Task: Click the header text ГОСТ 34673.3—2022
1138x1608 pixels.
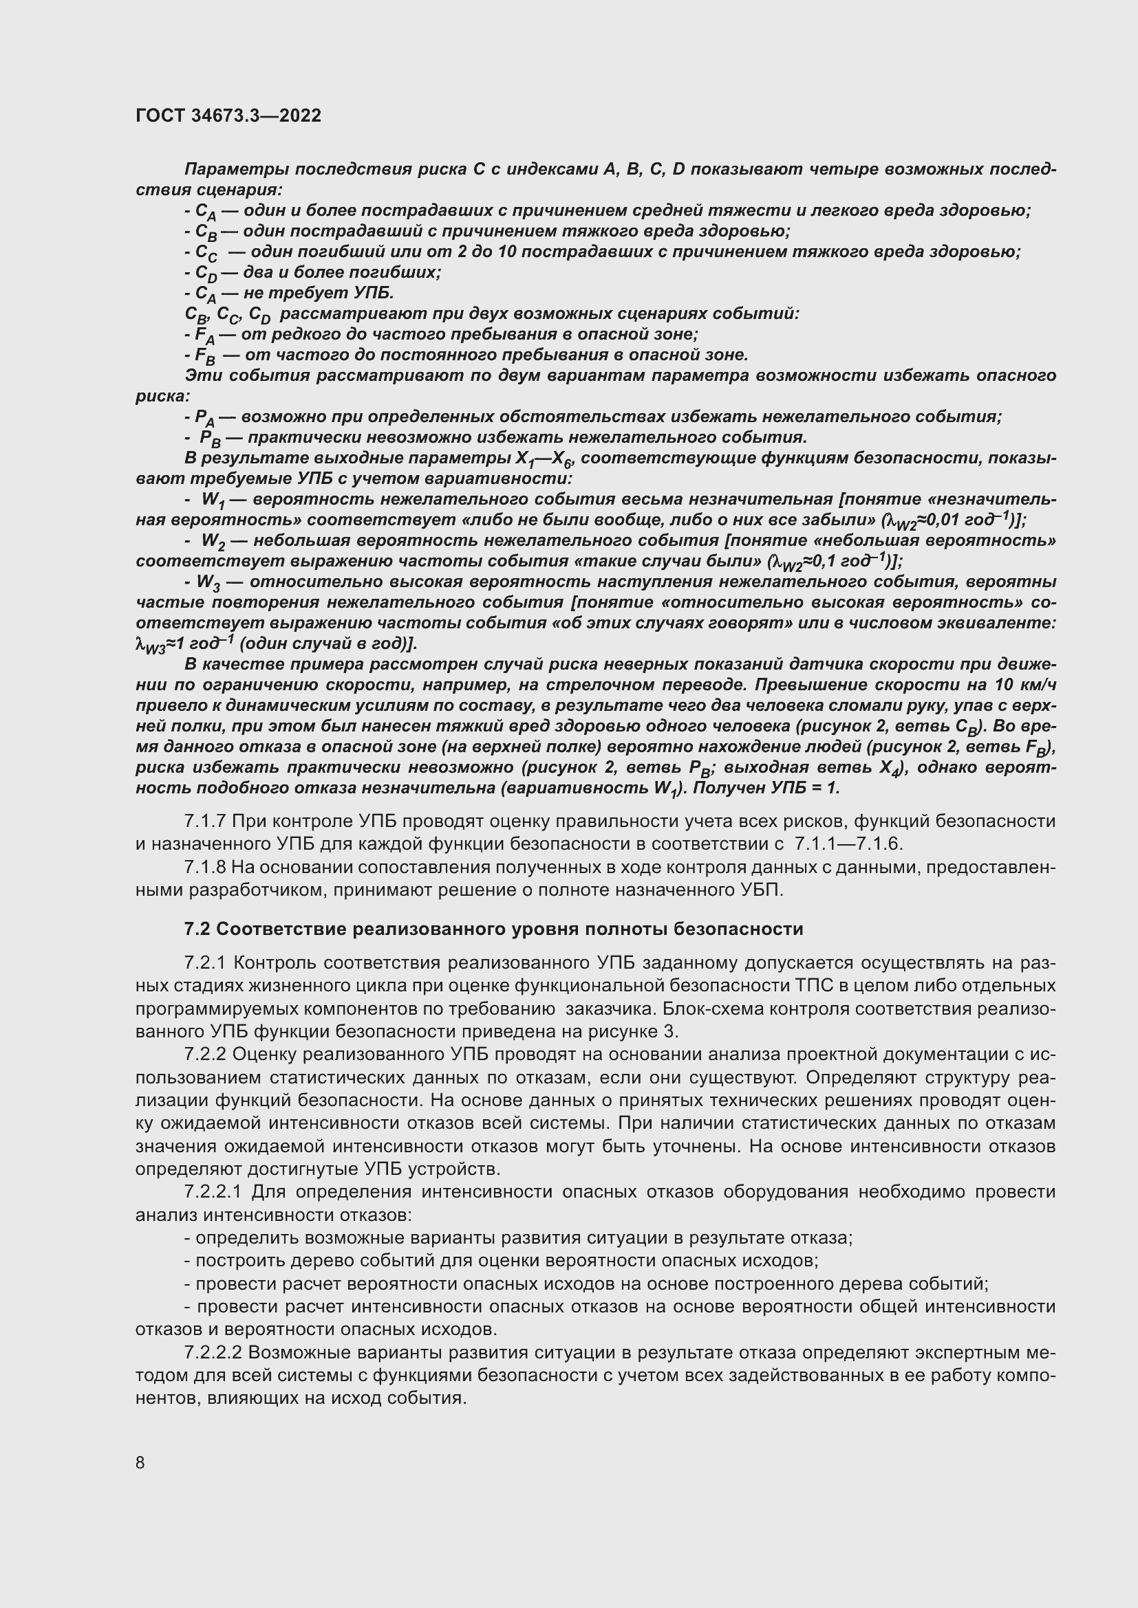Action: pyautogui.click(x=228, y=116)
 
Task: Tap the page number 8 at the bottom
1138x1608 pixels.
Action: pyautogui.click(x=140, y=1462)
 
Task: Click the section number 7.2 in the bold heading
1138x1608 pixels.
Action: pyautogui.click(x=197, y=929)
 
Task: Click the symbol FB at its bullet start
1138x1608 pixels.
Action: pyautogui.click(x=205, y=357)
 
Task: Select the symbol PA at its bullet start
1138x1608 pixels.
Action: pyautogui.click(x=204, y=418)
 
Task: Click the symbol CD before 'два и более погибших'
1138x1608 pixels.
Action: pyautogui.click(x=206, y=274)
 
